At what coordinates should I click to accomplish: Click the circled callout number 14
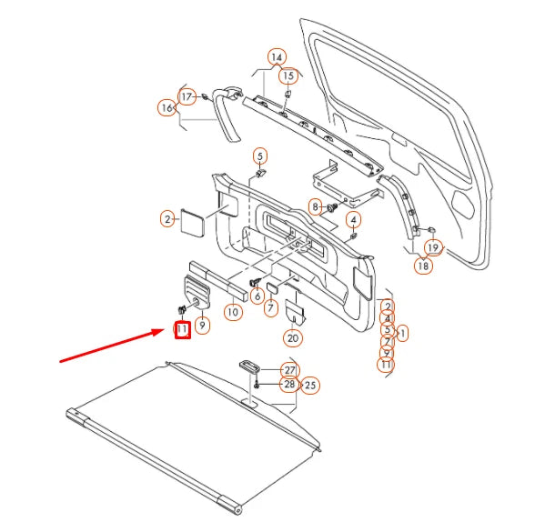click(277, 57)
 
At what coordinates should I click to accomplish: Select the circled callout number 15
click(288, 75)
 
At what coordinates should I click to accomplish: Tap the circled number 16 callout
click(167, 108)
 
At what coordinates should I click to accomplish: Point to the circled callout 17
click(187, 96)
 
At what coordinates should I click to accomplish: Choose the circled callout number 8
click(315, 207)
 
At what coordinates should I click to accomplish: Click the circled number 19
click(432, 247)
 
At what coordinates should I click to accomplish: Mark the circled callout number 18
click(423, 266)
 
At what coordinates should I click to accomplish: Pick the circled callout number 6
click(257, 296)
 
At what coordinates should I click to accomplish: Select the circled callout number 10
click(233, 312)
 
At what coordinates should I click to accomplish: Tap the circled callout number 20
click(291, 338)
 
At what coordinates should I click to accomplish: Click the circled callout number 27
click(289, 370)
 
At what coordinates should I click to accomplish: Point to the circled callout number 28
click(289, 385)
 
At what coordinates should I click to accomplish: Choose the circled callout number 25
click(310, 385)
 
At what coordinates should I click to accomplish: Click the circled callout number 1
click(402, 334)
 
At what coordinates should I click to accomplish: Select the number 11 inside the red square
click(182, 328)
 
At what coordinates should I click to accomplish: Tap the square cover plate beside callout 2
click(193, 221)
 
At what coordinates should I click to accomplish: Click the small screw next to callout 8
click(332, 208)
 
